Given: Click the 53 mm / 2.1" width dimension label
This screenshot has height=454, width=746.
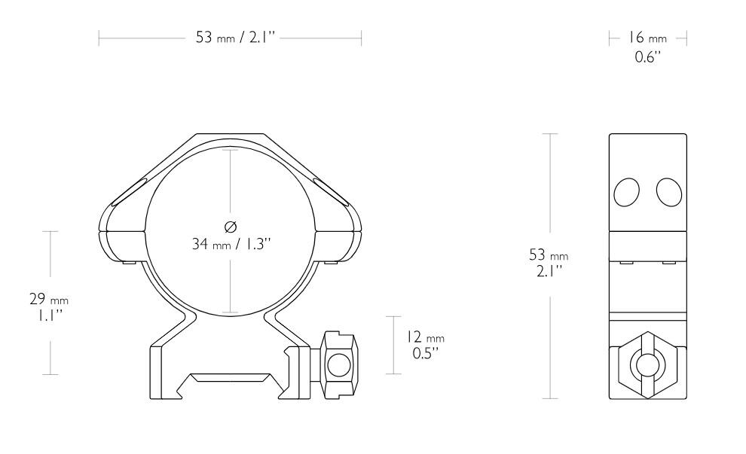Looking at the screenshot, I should point(231,38).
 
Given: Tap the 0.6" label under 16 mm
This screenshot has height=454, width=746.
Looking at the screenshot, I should point(647,56).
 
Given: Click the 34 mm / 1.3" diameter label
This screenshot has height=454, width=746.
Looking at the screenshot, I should point(231,243).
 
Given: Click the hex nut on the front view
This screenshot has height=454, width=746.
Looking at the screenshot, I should point(338,364).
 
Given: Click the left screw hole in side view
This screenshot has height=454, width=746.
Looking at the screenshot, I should point(627,193).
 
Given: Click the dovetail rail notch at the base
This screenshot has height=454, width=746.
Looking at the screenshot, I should point(231,381).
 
